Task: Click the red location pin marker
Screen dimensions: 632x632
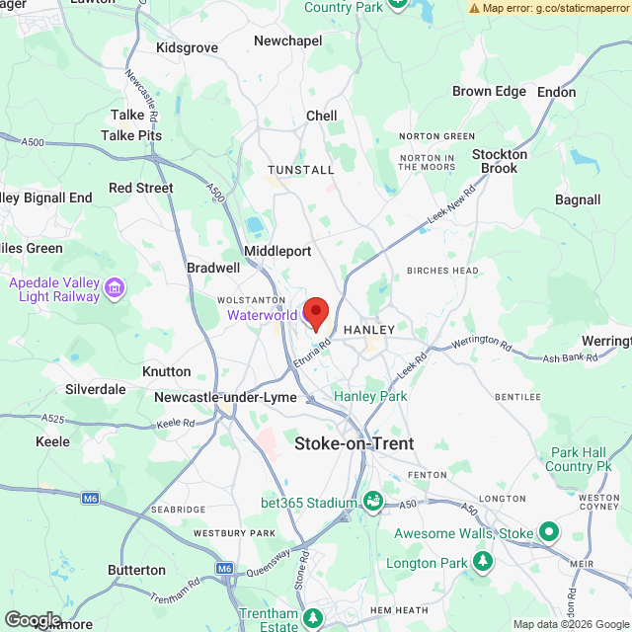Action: [x=315, y=312]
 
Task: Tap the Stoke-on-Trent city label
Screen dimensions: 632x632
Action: [x=354, y=443]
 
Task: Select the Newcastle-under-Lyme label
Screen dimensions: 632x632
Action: [x=225, y=397]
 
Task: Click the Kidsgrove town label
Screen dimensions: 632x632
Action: [x=187, y=47]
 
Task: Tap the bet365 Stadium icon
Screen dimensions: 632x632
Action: [x=372, y=502]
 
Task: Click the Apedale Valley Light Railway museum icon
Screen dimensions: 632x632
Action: [x=116, y=288]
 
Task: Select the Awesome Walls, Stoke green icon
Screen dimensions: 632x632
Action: [x=548, y=533]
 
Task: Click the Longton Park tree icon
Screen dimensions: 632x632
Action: [x=483, y=562]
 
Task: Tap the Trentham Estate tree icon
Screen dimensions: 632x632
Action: [x=313, y=618]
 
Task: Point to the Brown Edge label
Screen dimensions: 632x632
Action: [x=489, y=91]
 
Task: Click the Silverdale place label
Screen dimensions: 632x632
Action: [x=96, y=389]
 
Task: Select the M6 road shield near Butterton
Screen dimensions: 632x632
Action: [x=225, y=569]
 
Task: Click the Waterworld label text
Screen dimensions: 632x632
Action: [x=262, y=315]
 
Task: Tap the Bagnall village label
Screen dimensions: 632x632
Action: [x=578, y=199]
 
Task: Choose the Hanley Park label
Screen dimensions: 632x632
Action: [x=370, y=396]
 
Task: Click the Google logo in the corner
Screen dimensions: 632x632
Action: [x=33, y=620]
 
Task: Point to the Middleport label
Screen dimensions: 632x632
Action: [x=277, y=251]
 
